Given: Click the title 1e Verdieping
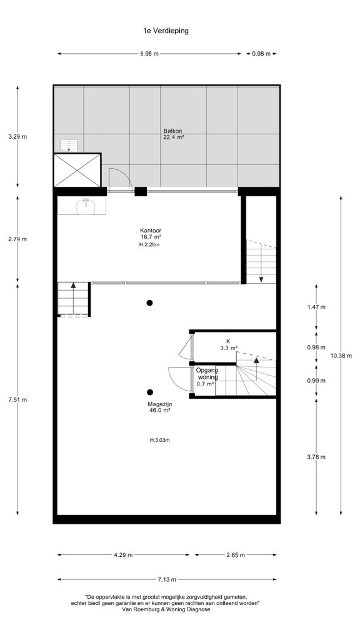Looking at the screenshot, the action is pos(166,31).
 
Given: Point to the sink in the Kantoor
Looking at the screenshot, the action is pos(86,206).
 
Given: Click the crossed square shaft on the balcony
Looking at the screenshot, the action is pos(77,170).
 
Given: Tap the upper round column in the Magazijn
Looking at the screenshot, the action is pos(150,303).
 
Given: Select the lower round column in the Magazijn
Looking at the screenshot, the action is pos(150,392).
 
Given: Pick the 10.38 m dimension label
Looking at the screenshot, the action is pos(341,356).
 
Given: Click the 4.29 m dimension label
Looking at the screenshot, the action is pos(123,555).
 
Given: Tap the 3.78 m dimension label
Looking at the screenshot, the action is pos(316,457).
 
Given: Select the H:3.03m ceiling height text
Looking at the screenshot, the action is pos(159,440).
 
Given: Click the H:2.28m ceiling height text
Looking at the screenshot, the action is pos(149,245).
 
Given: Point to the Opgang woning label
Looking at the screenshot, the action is pos(207,374).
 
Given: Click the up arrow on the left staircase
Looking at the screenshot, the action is pos(74,285).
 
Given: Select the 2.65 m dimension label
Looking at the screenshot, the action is pos(236,555).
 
